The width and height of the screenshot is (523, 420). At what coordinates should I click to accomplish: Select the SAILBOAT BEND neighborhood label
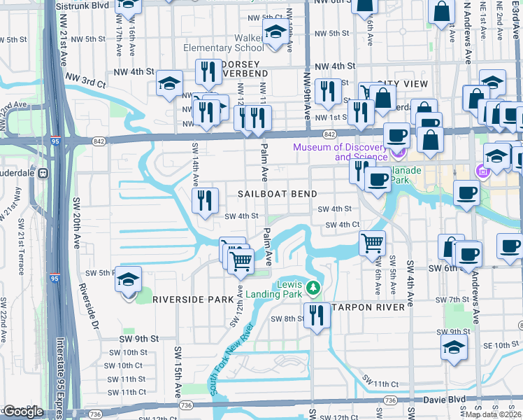[277, 193]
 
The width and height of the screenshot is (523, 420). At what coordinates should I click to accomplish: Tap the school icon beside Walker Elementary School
[276, 31]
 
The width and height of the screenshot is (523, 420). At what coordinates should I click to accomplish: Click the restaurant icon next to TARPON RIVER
[317, 314]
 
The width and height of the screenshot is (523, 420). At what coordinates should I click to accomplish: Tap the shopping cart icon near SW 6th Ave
[372, 243]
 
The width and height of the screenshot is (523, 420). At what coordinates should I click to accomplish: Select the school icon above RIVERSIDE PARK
[129, 281]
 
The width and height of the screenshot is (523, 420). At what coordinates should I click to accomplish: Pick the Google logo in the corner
[23, 411]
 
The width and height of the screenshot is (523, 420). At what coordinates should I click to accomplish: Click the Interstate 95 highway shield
[55, 141]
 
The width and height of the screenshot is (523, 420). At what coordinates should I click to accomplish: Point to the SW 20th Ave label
[76, 223]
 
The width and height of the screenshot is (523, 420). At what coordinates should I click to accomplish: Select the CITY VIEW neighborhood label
[402, 84]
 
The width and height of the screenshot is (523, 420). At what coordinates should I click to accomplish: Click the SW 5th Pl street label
[99, 272]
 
